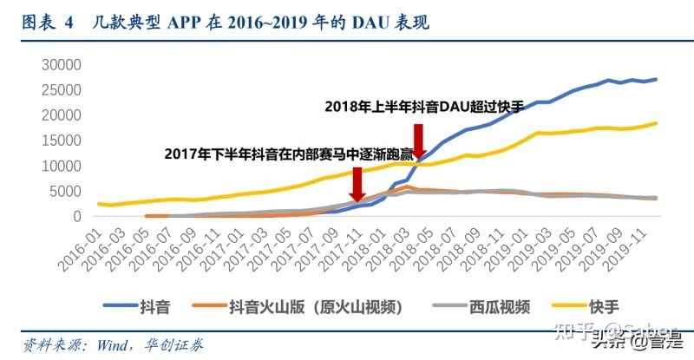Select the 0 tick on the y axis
tap(76, 216)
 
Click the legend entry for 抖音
tap(148, 306)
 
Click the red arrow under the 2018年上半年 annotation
tap(418, 143)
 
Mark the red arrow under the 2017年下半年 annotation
tap(356, 184)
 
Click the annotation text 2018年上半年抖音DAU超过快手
tap(425, 107)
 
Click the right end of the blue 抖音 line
tap(656, 79)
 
